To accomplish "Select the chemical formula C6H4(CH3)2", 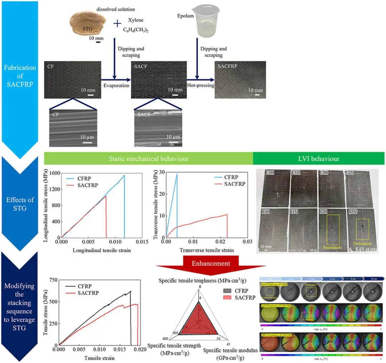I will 135,31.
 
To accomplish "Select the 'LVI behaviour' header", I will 319,158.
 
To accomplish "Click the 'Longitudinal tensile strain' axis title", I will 96,250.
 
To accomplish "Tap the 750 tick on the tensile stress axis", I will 53,279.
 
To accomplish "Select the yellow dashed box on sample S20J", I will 333,229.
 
